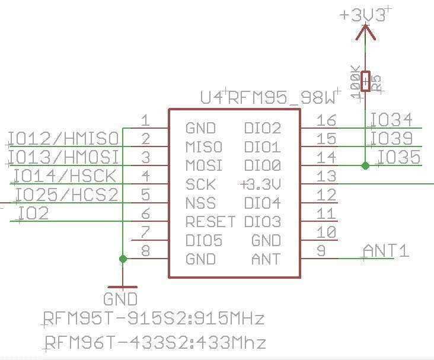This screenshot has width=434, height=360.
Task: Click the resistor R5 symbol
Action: click(366, 82)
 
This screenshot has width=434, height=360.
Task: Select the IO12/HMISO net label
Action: click(63, 139)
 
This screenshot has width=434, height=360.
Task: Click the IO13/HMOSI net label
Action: click(63, 157)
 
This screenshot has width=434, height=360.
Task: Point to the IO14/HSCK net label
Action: click(65, 176)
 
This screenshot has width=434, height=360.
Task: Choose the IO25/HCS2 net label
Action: click(67, 195)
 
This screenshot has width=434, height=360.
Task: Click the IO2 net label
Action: click(33, 213)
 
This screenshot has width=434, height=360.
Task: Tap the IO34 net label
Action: click(391, 120)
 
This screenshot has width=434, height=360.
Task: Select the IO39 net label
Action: click(391, 138)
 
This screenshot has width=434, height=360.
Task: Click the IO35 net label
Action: click(398, 157)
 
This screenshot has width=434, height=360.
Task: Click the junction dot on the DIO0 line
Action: click(365, 166)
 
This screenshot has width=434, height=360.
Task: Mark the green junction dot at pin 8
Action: click(123, 259)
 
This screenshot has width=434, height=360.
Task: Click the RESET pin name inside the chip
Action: click(210, 222)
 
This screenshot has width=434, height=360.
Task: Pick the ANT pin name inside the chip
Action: click(266, 260)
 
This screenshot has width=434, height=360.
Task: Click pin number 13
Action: click(326, 176)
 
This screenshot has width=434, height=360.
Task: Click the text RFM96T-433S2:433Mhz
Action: click(155, 343)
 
